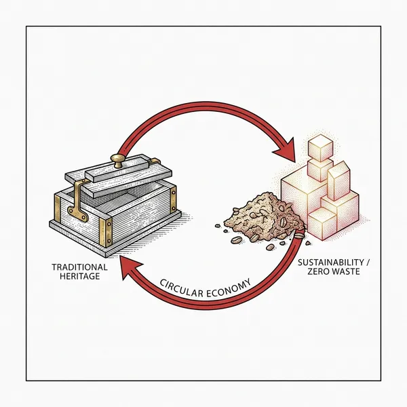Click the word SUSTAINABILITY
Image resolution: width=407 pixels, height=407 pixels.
326,262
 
